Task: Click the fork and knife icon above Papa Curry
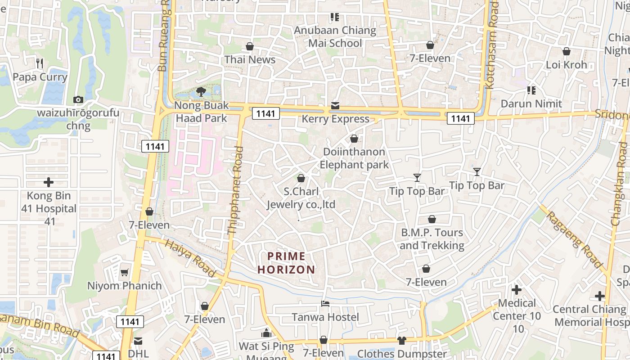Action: tap(40, 63)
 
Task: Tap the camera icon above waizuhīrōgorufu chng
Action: tap(78, 99)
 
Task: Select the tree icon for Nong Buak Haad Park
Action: tap(201, 92)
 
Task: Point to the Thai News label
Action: tap(250, 59)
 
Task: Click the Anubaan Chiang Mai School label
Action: tap(335, 37)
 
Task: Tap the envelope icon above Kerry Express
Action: tap(335, 106)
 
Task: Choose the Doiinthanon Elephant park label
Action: tap(354, 158)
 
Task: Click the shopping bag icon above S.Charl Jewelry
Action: tap(301, 178)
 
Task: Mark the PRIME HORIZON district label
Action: tap(286, 263)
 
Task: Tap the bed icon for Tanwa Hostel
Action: tap(325, 304)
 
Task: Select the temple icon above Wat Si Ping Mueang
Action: tap(266, 333)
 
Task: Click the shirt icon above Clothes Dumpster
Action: tap(401, 341)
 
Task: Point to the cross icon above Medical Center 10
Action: tap(517, 289)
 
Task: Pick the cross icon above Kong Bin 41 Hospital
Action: tap(49, 182)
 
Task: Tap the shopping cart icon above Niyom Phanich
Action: tap(124, 272)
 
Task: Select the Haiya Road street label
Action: tap(191, 258)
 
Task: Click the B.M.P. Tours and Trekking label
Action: tap(432, 239)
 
